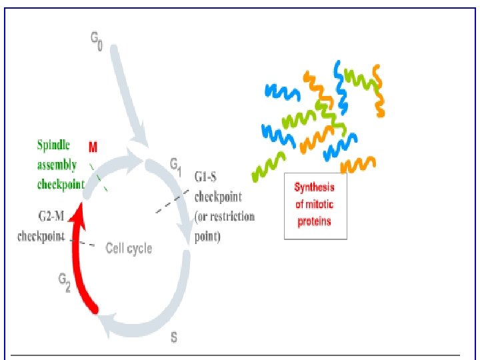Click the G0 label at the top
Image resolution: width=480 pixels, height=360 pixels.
[97, 44]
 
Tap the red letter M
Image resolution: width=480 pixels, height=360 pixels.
[93, 145]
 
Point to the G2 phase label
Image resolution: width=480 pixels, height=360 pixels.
[64, 283]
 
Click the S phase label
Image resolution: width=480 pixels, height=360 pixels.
[174, 337]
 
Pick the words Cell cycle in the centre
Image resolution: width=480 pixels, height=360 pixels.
[129, 249]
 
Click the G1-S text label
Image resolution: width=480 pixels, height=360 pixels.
[209, 178]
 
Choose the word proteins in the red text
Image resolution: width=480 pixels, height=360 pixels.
[315, 221]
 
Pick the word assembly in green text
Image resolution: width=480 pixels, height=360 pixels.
[57, 165]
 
